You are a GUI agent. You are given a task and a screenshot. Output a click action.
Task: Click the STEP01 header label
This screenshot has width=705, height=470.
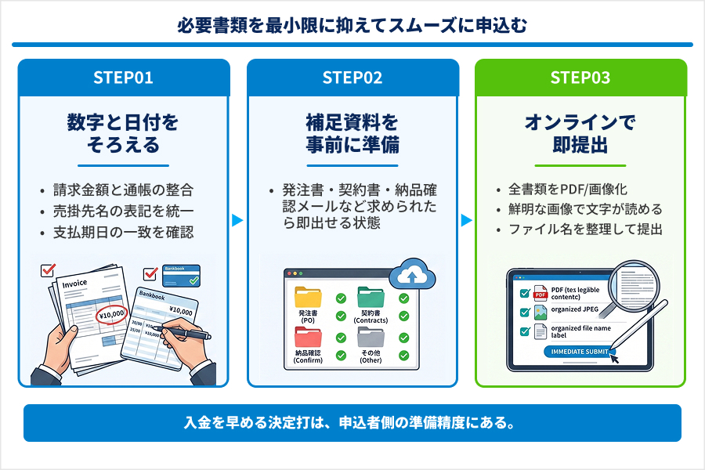click(123, 78)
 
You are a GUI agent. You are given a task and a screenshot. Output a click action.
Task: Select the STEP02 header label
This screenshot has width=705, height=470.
click(352, 78)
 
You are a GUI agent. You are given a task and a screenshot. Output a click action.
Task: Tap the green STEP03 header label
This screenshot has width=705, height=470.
click(580, 78)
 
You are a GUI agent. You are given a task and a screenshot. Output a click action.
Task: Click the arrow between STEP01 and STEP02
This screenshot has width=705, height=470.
click(238, 220)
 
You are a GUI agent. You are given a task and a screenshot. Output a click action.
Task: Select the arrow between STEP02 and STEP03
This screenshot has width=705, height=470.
click(467, 220)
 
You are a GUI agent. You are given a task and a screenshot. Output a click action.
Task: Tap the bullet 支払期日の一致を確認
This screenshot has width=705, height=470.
click(123, 232)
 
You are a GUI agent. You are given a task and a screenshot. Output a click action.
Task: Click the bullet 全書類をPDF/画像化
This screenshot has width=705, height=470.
click(568, 190)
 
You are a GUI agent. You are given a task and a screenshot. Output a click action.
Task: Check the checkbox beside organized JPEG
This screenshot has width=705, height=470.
click(525, 312)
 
